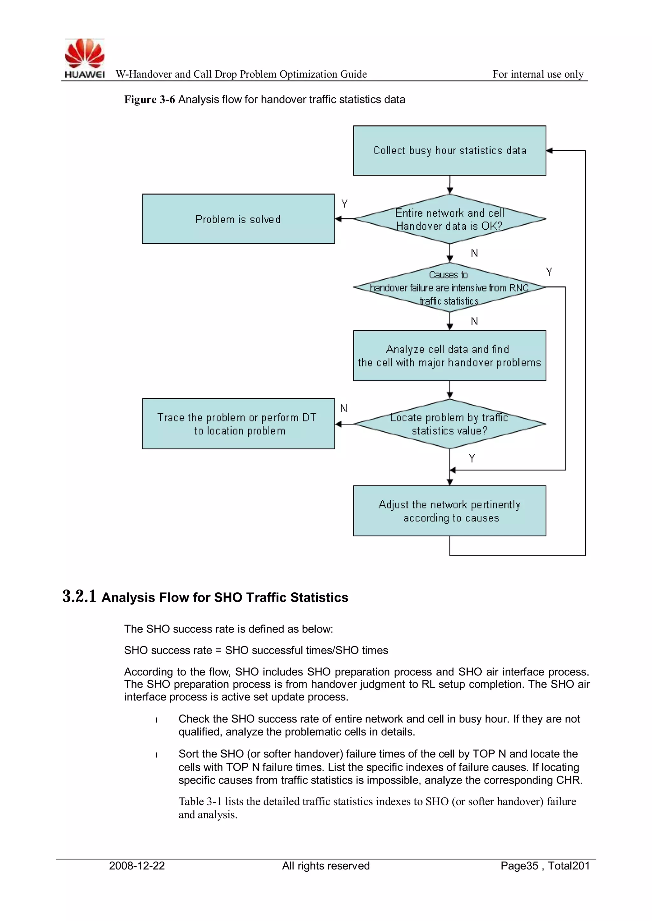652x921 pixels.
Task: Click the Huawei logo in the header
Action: pyautogui.click(x=84, y=58)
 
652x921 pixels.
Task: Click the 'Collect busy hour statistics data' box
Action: pyautogui.click(x=449, y=150)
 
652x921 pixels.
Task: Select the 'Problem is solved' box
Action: pyautogui.click(x=238, y=219)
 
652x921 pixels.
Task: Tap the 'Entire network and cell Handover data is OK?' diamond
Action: pyautogui.click(x=449, y=219)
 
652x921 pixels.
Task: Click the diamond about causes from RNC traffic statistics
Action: pyautogui.click(x=449, y=288)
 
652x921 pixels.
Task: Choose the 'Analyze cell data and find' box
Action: pyautogui.click(x=449, y=355)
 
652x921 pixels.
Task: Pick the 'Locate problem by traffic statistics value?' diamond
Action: pyautogui.click(x=449, y=424)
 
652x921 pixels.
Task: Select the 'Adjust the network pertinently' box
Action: pyautogui.click(x=449, y=511)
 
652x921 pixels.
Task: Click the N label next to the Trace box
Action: pyautogui.click(x=344, y=408)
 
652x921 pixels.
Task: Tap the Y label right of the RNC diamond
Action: pyautogui.click(x=549, y=272)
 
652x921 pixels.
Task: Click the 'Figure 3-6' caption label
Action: pyautogui.click(x=149, y=100)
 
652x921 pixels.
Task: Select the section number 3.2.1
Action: pyautogui.click(x=79, y=596)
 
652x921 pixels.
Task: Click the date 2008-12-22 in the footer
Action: pyautogui.click(x=137, y=866)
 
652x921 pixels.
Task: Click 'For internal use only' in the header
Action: pyautogui.click(x=538, y=74)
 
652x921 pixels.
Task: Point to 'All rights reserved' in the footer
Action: pyautogui.click(x=326, y=866)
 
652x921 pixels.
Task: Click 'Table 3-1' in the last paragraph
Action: pyautogui.click(x=200, y=801)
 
